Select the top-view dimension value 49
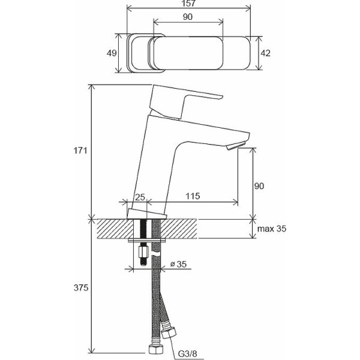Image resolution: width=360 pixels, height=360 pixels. [112, 53]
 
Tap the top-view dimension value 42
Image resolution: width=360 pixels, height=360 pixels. [266, 53]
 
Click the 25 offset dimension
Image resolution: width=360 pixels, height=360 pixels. [140, 197]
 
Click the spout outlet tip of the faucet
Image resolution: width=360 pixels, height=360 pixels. [237, 145]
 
